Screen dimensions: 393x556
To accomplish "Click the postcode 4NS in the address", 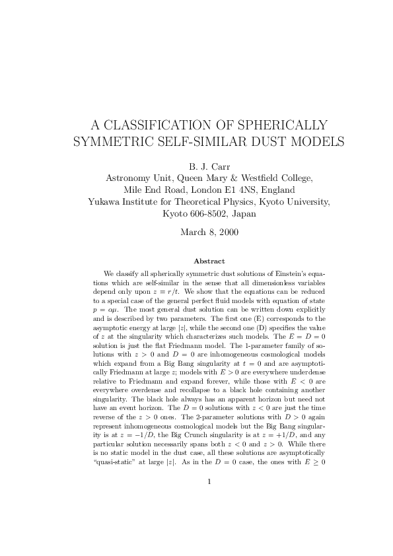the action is tap(237, 190).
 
